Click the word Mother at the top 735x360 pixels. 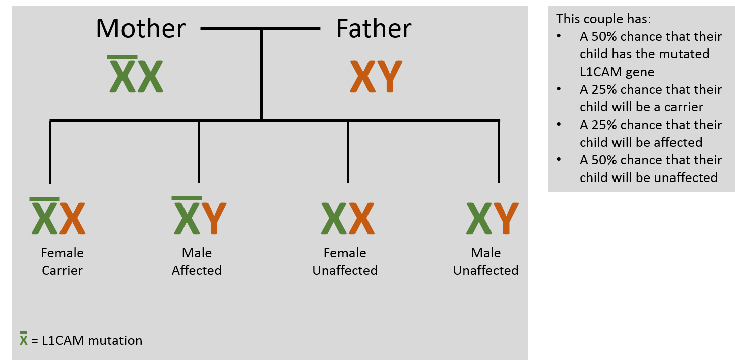tap(141, 29)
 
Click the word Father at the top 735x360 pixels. tap(374, 29)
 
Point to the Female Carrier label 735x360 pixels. tap(63, 261)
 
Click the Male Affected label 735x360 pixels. tap(197, 261)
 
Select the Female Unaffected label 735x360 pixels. tap(345, 261)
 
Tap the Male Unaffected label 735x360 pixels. tap(486, 261)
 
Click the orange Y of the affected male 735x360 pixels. tap(214, 218)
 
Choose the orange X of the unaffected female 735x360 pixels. tap(361, 218)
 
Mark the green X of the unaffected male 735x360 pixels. tap(479, 218)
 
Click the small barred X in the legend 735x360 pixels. tap(24, 340)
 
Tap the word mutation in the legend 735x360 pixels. tap(115, 340)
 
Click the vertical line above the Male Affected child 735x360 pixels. tap(199, 151)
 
